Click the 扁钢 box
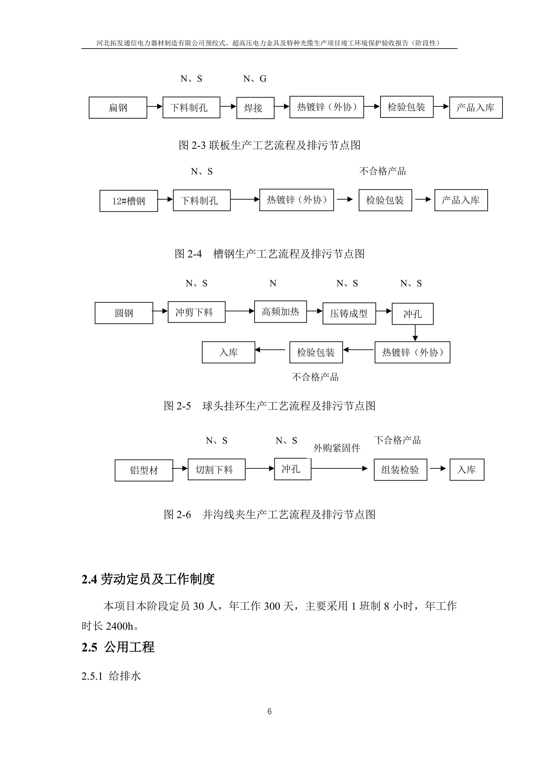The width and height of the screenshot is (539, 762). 118,108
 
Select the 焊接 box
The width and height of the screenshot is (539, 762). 255,108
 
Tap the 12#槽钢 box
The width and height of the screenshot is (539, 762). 128,201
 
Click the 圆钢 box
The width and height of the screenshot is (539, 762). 124,313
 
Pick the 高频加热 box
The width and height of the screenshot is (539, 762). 280,312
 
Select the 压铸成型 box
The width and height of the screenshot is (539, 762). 349,313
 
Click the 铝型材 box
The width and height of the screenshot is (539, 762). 144,470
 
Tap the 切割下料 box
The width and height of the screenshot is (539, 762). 216,469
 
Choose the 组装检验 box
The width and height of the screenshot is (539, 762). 400,470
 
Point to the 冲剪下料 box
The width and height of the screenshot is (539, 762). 196,312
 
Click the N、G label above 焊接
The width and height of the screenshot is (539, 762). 255,79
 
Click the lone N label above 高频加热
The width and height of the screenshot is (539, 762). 273,283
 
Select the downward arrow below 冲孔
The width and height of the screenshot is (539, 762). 415,333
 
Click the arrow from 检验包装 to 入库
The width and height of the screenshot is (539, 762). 270,350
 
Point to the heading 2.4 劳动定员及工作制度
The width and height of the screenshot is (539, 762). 148,579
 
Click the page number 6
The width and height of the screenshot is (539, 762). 269,711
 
